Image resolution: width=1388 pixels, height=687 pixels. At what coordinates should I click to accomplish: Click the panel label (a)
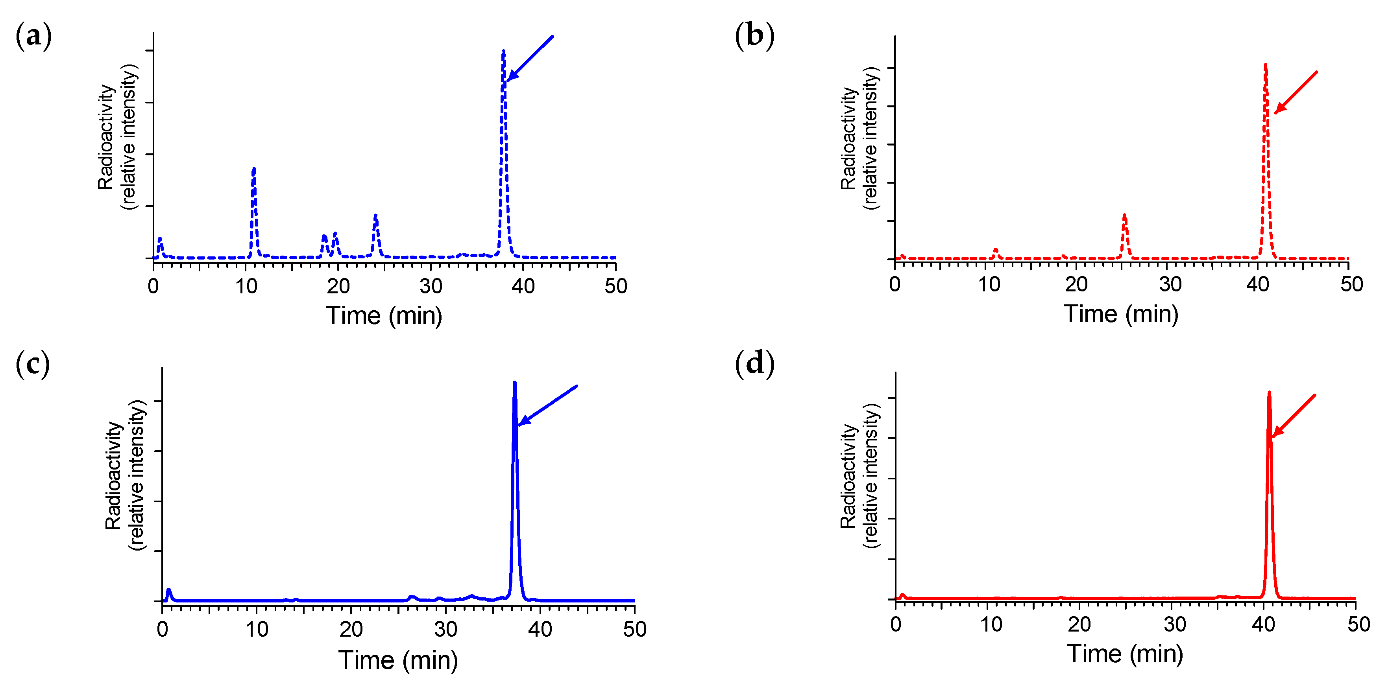point(33,36)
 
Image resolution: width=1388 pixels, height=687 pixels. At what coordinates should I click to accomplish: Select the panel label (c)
point(32,364)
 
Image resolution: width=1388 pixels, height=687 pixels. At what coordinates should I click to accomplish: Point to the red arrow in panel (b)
point(1296,92)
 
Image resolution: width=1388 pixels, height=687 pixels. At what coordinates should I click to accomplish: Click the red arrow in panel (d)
point(1293,416)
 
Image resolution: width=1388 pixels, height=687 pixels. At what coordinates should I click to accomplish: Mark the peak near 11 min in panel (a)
point(254,169)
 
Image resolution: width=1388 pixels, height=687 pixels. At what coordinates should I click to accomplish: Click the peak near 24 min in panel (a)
point(375,216)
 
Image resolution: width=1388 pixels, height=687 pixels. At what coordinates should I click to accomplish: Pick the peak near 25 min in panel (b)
point(1124,216)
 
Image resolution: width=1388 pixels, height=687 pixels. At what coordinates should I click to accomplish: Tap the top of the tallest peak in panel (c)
point(515,383)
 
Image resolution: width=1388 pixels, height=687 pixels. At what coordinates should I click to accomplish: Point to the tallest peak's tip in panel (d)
point(1269,392)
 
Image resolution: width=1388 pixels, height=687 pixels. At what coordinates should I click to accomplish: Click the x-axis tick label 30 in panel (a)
point(431,286)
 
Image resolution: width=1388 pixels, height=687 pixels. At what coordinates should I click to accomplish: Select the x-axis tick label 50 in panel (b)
point(1351,284)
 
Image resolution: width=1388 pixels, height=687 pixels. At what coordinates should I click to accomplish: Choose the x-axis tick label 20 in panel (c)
point(351,629)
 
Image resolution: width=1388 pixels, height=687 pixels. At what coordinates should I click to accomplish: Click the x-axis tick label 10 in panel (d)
point(991,624)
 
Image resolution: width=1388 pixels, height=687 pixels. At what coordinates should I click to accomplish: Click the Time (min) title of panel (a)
point(384,315)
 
